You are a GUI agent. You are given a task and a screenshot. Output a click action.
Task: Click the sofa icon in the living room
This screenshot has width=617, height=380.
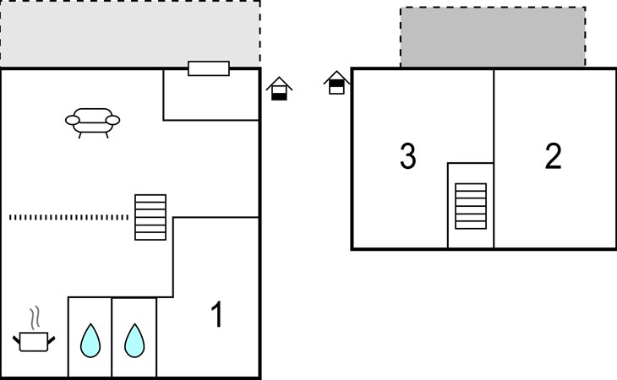click(x=92, y=122)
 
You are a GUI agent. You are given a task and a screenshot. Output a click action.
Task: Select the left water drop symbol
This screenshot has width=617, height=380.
click(x=90, y=340)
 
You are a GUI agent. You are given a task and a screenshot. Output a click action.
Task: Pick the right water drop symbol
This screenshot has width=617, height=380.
click(x=134, y=340)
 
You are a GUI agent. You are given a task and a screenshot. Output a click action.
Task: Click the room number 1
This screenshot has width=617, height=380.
click(x=217, y=314)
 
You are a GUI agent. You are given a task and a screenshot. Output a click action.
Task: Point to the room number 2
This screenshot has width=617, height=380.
click(x=553, y=156)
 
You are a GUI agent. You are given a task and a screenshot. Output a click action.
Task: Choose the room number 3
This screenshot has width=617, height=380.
click(x=408, y=156)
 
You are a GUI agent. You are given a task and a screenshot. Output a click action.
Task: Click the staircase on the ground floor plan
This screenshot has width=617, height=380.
click(x=150, y=217)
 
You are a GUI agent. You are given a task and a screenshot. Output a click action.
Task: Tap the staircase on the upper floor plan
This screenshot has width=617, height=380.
click(x=471, y=206)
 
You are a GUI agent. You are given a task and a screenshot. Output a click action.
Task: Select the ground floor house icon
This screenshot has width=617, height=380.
click(x=279, y=89)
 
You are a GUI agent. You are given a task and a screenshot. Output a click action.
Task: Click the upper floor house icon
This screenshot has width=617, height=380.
click(x=336, y=83)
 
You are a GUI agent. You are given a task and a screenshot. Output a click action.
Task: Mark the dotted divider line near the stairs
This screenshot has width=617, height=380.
click(x=68, y=217)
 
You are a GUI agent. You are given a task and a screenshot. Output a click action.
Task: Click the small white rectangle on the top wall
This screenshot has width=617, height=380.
click(x=209, y=68)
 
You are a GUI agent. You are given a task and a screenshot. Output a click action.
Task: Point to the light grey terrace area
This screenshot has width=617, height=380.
click(x=130, y=34)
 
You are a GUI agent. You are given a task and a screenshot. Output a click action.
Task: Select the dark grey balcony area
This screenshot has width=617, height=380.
click(x=493, y=37)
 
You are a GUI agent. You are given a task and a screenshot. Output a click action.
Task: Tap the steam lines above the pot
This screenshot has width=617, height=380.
click(x=35, y=318)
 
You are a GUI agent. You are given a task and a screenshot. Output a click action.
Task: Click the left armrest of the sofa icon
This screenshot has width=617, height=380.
click(x=73, y=120)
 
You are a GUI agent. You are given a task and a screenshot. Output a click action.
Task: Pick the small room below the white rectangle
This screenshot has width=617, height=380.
click(x=211, y=95)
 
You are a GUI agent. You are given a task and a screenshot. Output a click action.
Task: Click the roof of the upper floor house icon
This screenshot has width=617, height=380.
click(x=336, y=75)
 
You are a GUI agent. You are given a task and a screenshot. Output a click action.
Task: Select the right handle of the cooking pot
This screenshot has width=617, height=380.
click(x=52, y=339)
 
